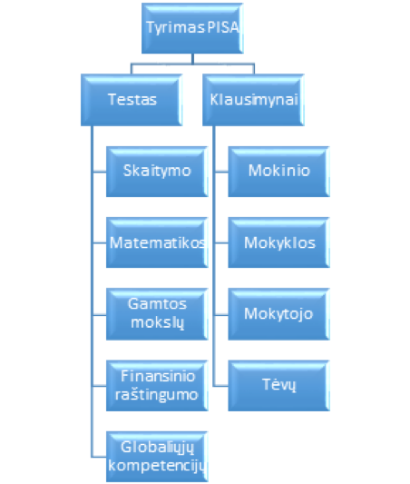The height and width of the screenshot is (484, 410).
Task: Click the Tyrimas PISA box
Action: click(192, 28)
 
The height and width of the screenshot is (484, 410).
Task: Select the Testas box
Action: click(132, 100)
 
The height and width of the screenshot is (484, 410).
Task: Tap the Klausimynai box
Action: click(253, 100)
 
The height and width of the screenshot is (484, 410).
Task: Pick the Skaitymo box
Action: click(157, 172)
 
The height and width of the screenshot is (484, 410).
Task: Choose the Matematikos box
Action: click(157, 242)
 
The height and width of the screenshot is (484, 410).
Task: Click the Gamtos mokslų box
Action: click(157, 314)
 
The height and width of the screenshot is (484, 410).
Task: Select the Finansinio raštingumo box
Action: click(157, 386)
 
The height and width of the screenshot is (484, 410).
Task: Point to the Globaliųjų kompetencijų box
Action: click(157, 457)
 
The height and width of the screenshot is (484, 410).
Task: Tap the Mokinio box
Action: click(278, 172)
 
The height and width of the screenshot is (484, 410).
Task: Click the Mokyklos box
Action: click(278, 242)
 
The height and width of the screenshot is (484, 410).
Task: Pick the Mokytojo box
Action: click(278, 314)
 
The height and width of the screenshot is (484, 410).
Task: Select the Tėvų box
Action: click(278, 386)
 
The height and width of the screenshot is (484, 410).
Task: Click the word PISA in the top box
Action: click(223, 27)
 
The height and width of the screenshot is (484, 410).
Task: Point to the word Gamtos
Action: click(157, 304)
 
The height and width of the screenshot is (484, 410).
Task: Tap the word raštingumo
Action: click(156, 395)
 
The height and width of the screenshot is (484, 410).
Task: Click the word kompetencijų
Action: click(157, 466)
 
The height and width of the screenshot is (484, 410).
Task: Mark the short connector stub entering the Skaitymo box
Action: click(99, 172)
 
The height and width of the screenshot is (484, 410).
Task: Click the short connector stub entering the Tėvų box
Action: click(220, 386)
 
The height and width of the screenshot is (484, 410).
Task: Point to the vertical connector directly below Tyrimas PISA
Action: click(192, 59)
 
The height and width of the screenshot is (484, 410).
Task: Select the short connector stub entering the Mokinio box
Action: click(220, 172)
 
